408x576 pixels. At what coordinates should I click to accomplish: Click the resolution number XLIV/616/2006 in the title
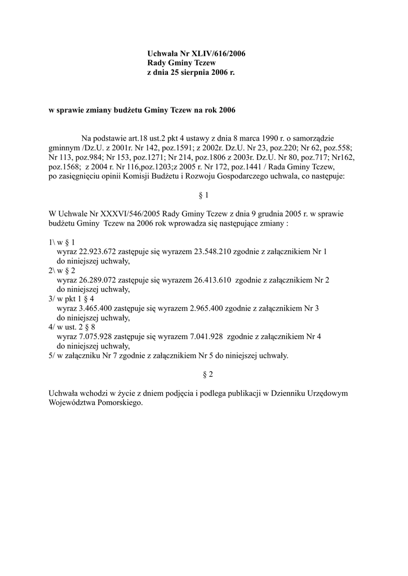pyautogui.click(x=216, y=53)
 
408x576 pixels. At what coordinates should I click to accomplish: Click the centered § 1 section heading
pyautogui.click(x=204, y=195)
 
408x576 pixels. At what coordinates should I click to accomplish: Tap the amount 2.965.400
pyautogui.click(x=206, y=308)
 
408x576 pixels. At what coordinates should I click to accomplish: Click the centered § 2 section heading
pyautogui.click(x=204, y=373)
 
